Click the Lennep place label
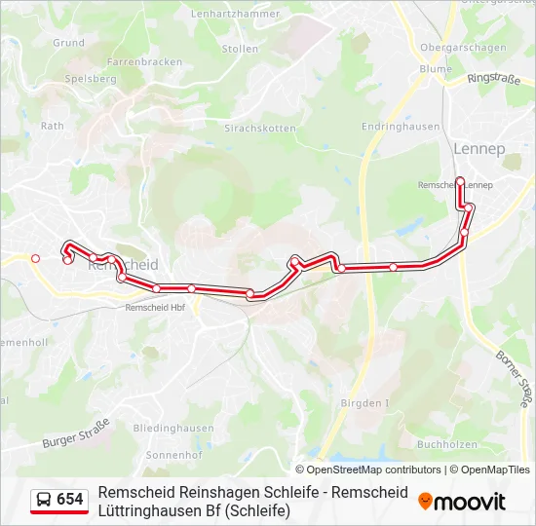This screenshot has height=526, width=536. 479,149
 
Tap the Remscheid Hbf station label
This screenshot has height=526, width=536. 155,307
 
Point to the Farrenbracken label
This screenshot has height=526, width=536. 144,61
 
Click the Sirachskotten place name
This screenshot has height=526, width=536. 260,128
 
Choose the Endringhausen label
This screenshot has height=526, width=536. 401,127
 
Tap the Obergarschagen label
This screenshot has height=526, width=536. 463,48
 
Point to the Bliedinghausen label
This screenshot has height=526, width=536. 173,428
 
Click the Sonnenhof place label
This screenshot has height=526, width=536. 172,455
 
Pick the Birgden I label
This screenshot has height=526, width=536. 364,403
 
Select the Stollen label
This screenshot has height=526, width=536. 240,48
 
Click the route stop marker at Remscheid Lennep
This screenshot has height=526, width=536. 460,181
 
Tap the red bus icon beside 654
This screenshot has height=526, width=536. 44,500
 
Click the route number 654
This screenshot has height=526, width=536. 70,500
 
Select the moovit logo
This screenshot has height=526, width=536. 462,502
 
